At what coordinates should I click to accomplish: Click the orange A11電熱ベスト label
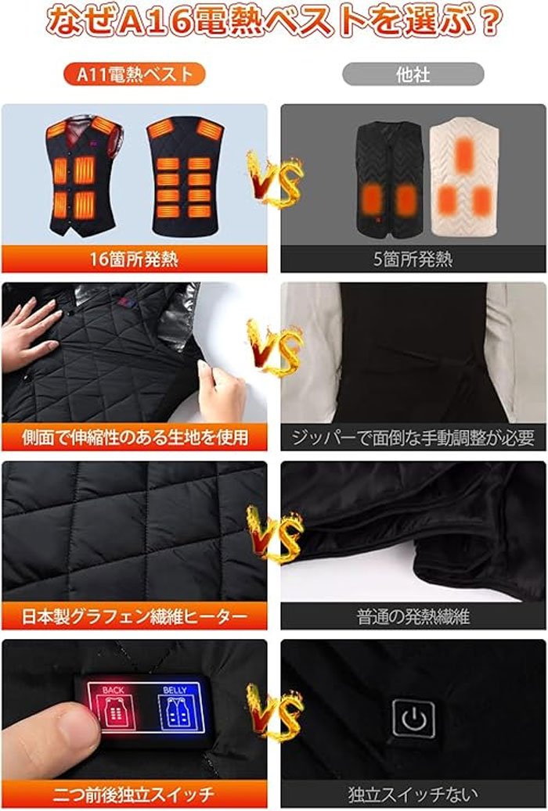pyautogui.click(x=134, y=74)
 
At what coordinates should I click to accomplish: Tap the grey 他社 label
pyautogui.click(x=413, y=74)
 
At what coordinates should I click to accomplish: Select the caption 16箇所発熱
pyautogui.click(x=134, y=259)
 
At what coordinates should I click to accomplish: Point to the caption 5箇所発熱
pyautogui.click(x=413, y=259)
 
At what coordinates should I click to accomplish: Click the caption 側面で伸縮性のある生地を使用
pyautogui.click(x=135, y=438)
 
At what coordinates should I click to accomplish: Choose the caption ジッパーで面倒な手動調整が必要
pyautogui.click(x=413, y=438)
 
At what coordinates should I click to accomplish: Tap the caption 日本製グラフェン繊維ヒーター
pyautogui.click(x=134, y=616)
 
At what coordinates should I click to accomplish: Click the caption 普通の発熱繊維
pyautogui.click(x=413, y=616)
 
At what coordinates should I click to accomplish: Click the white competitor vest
pyautogui.click(x=464, y=177)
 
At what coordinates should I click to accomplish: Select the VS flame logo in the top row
pyautogui.click(x=274, y=179)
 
